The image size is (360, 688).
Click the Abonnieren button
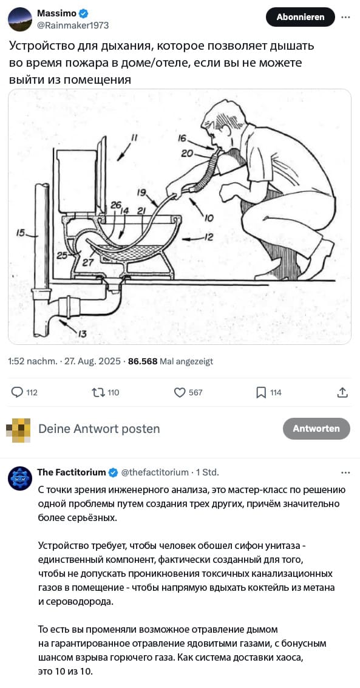(301, 17)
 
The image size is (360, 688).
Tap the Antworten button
(316, 429)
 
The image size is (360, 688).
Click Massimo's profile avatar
(20, 19)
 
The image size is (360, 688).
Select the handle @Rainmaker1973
(73, 26)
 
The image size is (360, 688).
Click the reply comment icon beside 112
(16, 392)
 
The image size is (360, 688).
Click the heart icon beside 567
(180, 392)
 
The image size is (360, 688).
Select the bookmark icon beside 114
(261, 392)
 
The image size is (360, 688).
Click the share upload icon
(342, 392)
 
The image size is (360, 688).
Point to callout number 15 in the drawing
(21, 234)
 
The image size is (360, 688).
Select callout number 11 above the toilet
(134, 138)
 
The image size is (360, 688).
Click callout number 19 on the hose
(141, 192)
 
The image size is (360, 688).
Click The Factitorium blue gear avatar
(20, 479)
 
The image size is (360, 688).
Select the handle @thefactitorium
(154, 472)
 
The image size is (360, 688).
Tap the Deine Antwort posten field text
(99, 429)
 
